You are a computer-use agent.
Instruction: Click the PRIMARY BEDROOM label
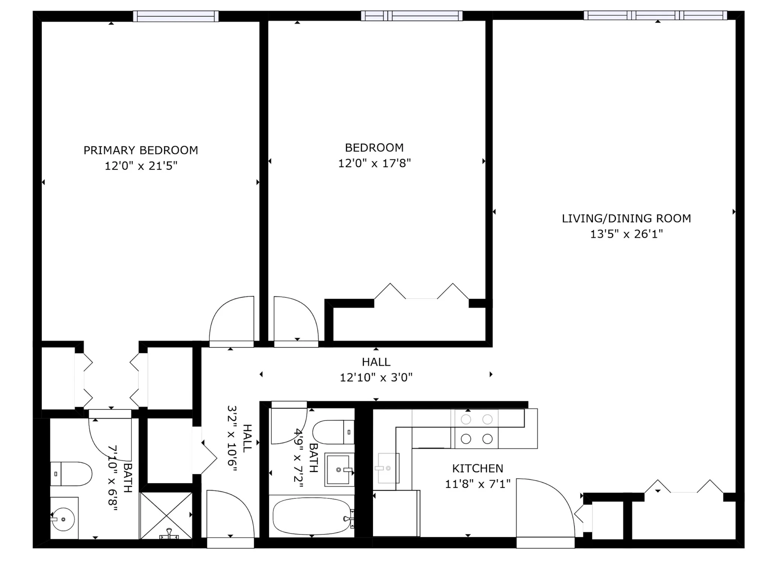141,150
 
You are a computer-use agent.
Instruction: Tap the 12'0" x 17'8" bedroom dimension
374,163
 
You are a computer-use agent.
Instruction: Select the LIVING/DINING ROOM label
626,218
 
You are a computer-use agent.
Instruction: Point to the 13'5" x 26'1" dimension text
626,234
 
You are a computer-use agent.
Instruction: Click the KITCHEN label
477,469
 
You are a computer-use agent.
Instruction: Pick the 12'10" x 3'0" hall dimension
376,377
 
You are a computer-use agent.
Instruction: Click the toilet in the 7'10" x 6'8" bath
71,474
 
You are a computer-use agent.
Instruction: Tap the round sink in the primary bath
63,519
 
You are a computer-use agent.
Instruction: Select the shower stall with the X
166,515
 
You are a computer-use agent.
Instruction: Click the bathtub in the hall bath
312,516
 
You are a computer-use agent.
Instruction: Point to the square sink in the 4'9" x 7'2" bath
339,470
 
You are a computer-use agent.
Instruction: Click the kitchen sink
387,468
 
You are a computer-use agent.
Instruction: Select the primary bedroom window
176,16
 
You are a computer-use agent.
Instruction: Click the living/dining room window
655,15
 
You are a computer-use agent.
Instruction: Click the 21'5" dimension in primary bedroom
163,166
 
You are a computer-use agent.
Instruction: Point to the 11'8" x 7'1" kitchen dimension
477,484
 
